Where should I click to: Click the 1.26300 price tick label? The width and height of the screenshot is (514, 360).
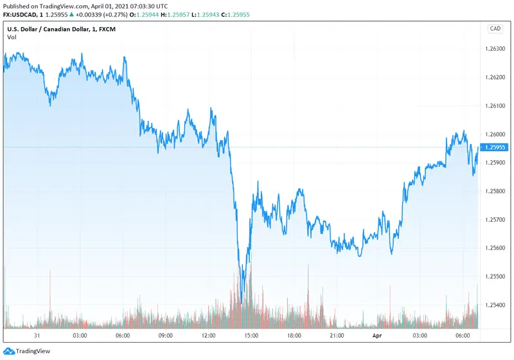pyautogui.click(x=495, y=50)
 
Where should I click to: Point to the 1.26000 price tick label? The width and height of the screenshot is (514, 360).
pyautogui.click(x=495, y=134)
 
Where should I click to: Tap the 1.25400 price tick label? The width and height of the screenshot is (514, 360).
pyautogui.click(x=495, y=305)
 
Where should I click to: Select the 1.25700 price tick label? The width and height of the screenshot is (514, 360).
pyautogui.click(x=495, y=220)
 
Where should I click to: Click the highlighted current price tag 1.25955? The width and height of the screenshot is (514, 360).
pyautogui.click(x=495, y=147)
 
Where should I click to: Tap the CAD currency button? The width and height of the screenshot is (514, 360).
pyautogui.click(x=495, y=28)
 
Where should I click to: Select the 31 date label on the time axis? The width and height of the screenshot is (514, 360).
pyautogui.click(x=37, y=335)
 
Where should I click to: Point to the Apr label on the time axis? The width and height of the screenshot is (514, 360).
pyautogui.click(x=378, y=335)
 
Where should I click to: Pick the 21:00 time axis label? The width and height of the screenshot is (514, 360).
pyautogui.click(x=337, y=335)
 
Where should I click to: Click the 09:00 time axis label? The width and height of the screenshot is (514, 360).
pyautogui.click(x=166, y=335)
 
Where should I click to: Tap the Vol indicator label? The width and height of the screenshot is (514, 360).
pyautogui.click(x=12, y=37)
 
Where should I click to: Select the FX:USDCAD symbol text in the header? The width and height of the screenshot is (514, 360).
pyautogui.click(x=20, y=14)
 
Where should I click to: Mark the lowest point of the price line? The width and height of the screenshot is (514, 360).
pyautogui.click(x=241, y=302)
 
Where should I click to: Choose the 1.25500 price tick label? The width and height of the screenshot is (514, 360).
pyautogui.click(x=495, y=276)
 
